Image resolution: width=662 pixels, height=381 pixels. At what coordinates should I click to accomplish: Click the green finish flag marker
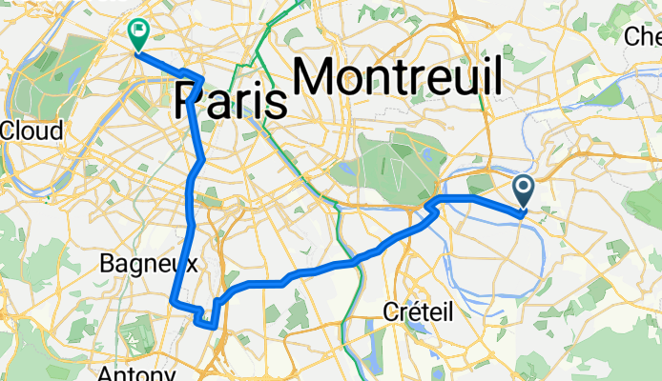point(137,33)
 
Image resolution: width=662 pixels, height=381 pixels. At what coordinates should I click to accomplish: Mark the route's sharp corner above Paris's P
point(200,77)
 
